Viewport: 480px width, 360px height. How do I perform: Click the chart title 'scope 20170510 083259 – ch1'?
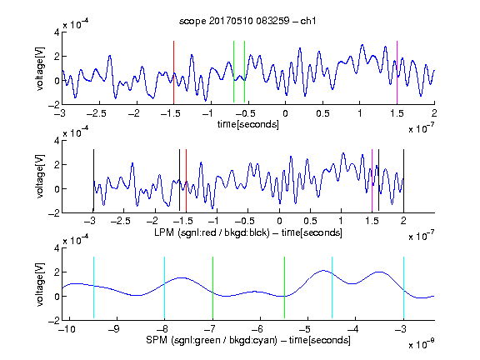pyautogui.click(x=247, y=21)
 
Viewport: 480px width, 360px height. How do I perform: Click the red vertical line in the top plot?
pyautogui.click(x=173, y=72)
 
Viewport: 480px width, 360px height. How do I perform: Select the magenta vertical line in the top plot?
pyautogui.click(x=397, y=72)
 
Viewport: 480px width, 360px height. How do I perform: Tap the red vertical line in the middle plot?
pyautogui.click(x=186, y=181)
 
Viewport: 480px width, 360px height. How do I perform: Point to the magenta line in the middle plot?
pyautogui.click(x=372, y=181)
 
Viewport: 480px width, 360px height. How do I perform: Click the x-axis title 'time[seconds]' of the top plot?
pyautogui.click(x=248, y=124)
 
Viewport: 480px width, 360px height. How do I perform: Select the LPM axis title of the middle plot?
pyautogui.click(x=248, y=232)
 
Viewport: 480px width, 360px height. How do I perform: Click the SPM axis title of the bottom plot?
pyautogui.click(x=248, y=340)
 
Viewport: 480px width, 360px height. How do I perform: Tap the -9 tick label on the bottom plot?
pyautogui.click(x=114, y=329)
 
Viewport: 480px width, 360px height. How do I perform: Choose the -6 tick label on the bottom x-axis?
pyautogui.click(x=259, y=329)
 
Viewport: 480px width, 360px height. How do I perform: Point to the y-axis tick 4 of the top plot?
pyautogui.click(x=57, y=32)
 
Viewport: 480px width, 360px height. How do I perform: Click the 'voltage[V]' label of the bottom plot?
pyautogui.click(x=40, y=284)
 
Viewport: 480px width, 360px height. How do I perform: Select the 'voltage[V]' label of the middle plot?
pyautogui.click(x=40, y=177)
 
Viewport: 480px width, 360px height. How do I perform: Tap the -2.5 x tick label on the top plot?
pyautogui.click(x=97, y=113)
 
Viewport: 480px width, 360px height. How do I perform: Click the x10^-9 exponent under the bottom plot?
pyautogui.click(x=422, y=345)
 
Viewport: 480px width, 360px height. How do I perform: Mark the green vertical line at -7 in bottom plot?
pyautogui.click(x=212, y=287)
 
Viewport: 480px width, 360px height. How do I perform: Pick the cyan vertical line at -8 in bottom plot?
pyautogui.click(x=164, y=287)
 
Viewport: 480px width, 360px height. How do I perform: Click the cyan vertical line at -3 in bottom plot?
pyautogui.click(x=403, y=287)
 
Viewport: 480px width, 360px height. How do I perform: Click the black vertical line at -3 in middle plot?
pyautogui.click(x=93, y=181)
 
